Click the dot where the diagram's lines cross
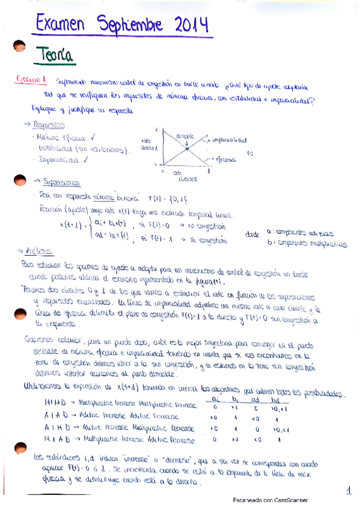click(x=187, y=148)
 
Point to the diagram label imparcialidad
click(x=230, y=140)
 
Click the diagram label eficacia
click(x=227, y=161)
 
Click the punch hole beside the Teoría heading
click(x=20, y=49)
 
